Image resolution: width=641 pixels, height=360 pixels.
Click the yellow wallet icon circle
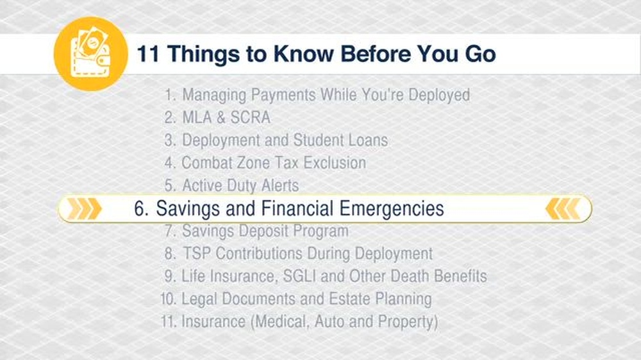pyautogui.click(x=90, y=54)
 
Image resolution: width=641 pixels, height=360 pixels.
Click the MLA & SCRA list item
pyautogui.click(x=226, y=118)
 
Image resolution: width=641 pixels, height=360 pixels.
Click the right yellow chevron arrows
pyautogui.click(x=563, y=209)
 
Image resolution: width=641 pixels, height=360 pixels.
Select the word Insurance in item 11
pyautogui.click(x=215, y=321)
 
